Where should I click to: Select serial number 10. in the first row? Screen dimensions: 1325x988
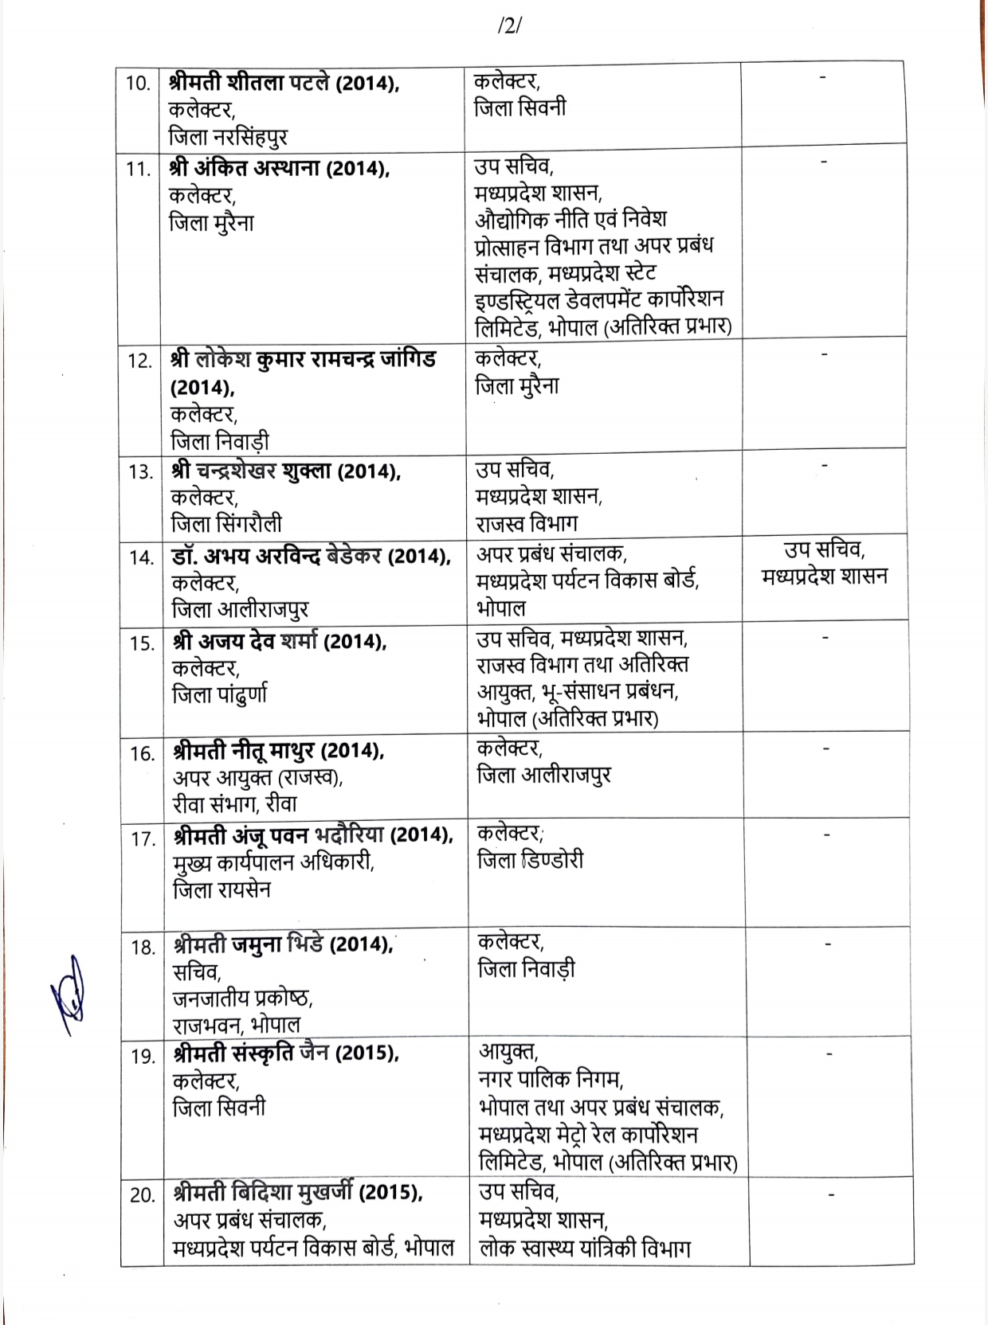[x=138, y=83]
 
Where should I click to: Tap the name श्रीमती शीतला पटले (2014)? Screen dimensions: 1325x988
[x=284, y=83]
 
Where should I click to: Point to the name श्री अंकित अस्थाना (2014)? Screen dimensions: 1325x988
[x=279, y=169]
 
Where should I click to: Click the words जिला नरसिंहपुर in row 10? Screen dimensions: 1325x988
[x=228, y=136]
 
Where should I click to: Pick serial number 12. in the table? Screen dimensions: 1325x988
[x=140, y=361]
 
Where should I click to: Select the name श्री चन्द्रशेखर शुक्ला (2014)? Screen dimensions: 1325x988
[x=285, y=471]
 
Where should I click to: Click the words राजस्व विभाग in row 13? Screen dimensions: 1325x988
[x=527, y=523]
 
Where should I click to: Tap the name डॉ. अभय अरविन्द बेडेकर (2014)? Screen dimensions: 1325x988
[x=311, y=557]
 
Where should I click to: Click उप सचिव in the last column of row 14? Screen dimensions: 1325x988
[x=825, y=549]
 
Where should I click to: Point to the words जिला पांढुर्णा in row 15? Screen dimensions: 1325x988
[x=220, y=695]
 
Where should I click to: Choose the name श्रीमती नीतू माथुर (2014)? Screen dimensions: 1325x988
[x=278, y=751]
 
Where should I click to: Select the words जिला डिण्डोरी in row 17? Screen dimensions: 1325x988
[x=530, y=861]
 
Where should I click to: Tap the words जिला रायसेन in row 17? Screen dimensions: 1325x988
[x=222, y=889]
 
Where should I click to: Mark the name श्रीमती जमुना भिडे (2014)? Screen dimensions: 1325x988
[x=283, y=945]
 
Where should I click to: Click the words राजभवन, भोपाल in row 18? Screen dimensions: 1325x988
[x=237, y=1024]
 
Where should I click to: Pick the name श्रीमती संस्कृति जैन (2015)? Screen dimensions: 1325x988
[x=286, y=1053]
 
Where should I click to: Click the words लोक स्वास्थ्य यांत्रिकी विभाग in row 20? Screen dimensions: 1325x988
[x=585, y=1248]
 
